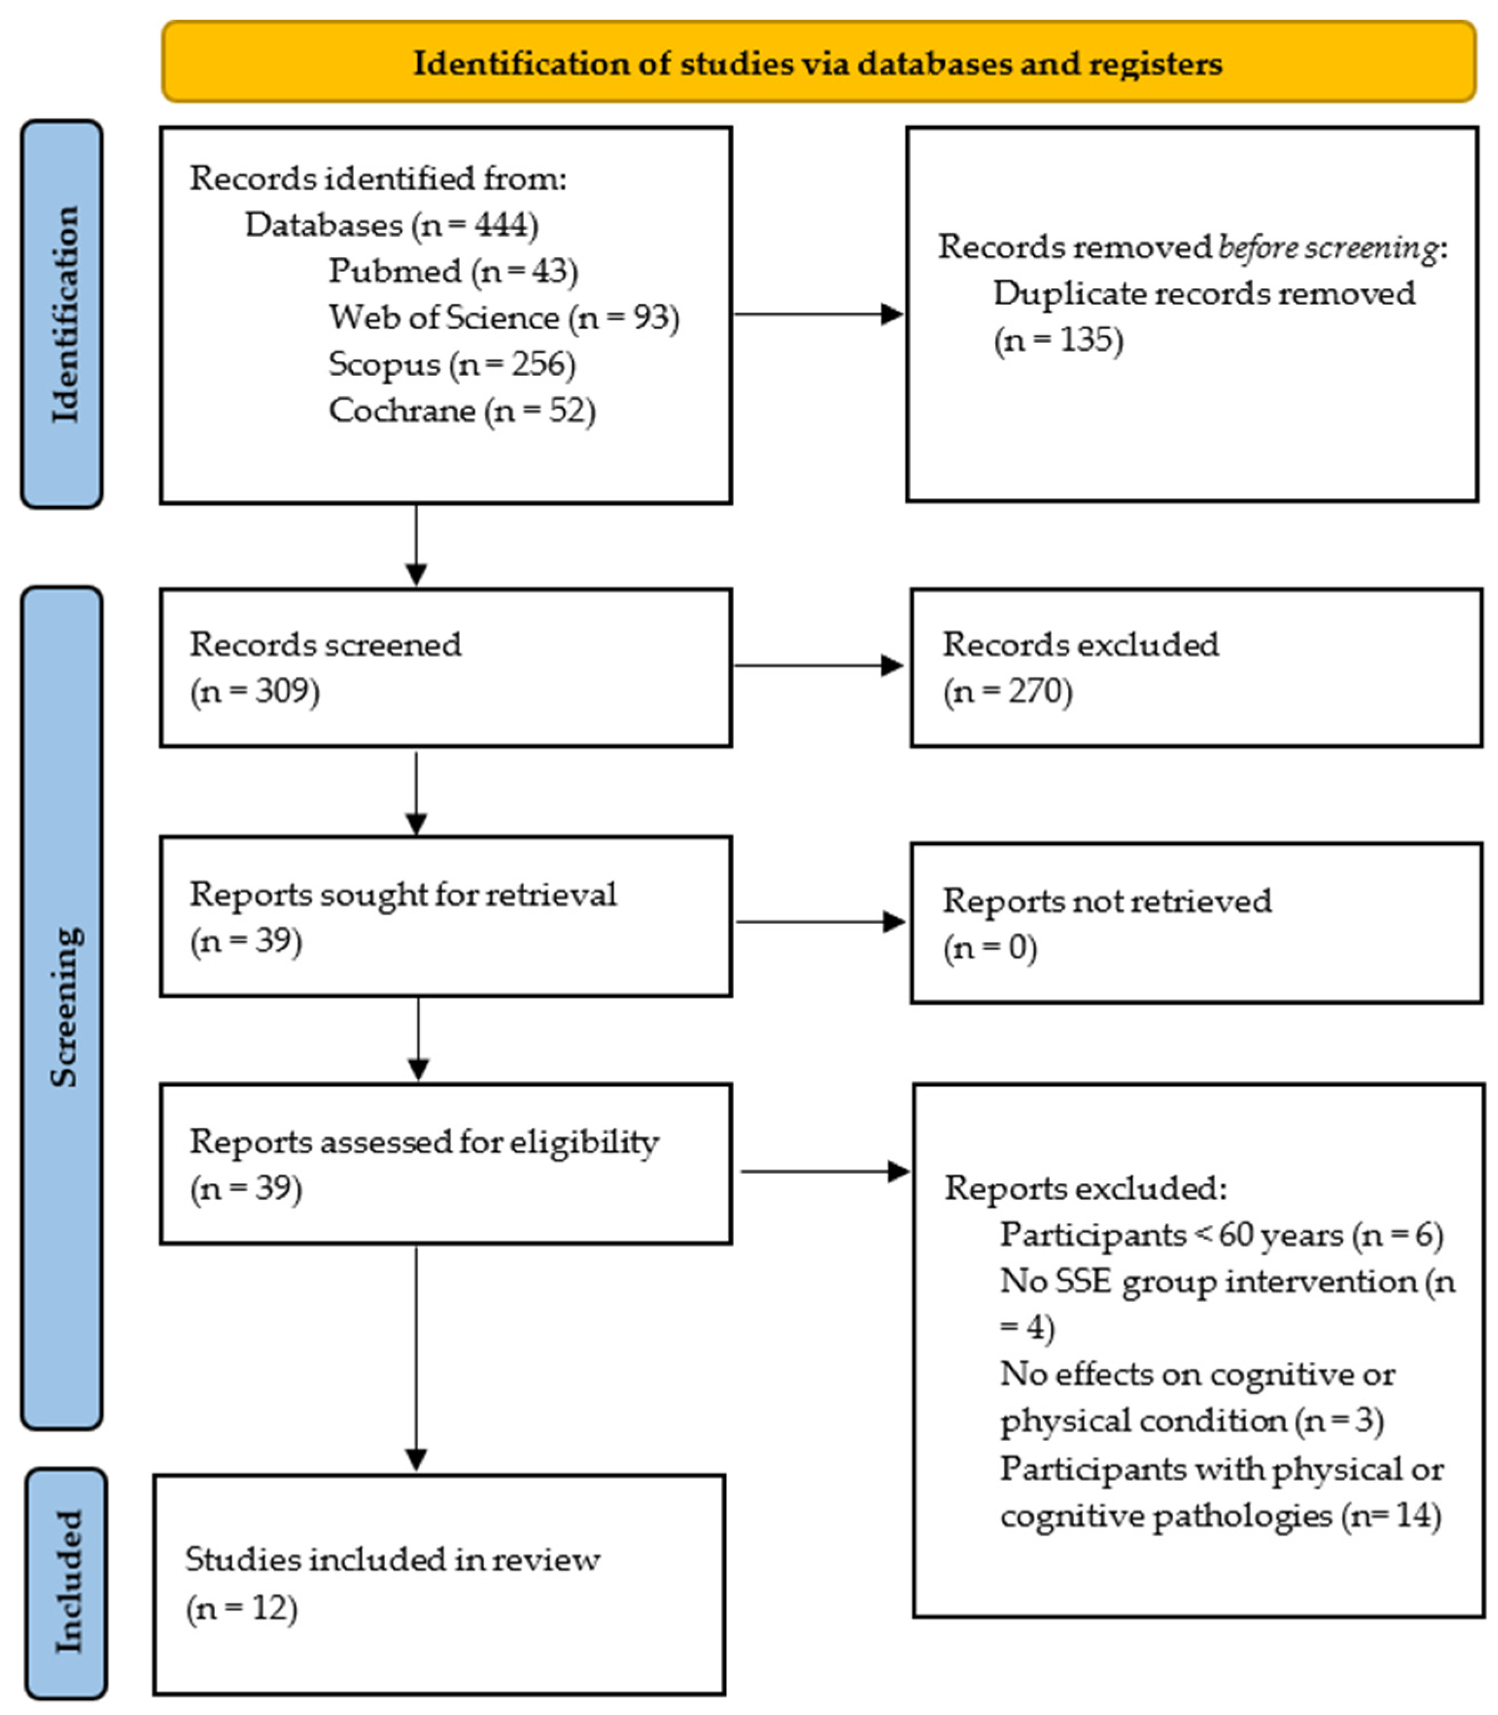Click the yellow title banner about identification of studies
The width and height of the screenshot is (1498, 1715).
pos(818,63)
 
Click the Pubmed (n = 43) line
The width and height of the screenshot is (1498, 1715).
pos(453,271)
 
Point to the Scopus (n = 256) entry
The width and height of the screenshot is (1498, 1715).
pos(452,364)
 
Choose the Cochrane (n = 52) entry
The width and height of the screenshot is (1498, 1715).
pos(461,411)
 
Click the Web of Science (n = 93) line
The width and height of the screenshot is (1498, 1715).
pos(504,318)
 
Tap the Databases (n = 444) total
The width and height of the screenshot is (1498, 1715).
pos(391,225)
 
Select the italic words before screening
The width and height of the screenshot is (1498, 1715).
pos(1328,248)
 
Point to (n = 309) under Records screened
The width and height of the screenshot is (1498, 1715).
pos(255,691)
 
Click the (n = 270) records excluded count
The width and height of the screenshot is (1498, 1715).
pos(1007,691)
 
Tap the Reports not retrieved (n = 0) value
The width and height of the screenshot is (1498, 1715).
pos(990,948)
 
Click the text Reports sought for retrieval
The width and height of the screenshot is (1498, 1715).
pos(403,895)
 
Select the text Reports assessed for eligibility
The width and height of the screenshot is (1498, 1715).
pos(424,1142)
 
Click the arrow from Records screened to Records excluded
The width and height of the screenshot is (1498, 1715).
pos(818,666)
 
